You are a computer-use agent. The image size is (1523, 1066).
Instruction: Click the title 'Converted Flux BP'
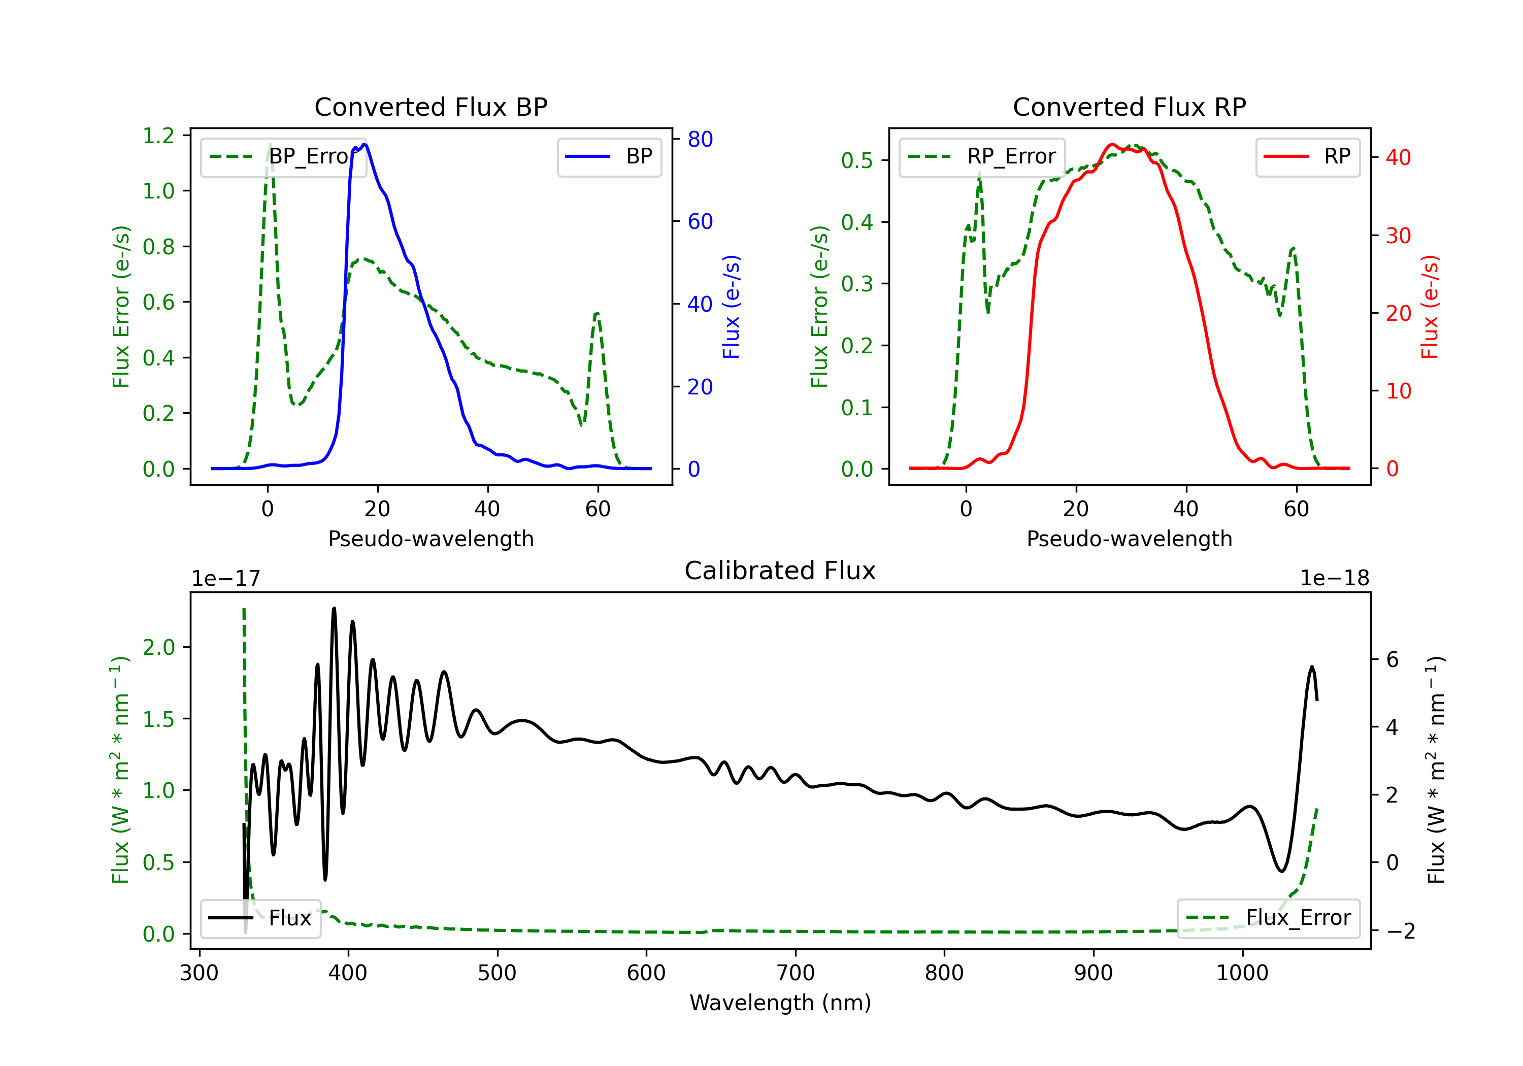(x=431, y=107)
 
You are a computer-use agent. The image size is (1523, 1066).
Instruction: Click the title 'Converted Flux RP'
(x=1130, y=107)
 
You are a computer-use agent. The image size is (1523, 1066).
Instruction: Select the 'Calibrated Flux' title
(x=780, y=571)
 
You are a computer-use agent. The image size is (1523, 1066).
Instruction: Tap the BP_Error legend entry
(x=283, y=156)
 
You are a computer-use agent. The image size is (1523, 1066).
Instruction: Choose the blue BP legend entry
(x=609, y=156)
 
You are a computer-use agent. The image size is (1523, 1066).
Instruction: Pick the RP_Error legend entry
(x=982, y=156)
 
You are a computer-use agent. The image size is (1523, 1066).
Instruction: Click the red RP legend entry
(x=1307, y=156)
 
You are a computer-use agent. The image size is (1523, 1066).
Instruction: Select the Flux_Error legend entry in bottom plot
(x=1268, y=918)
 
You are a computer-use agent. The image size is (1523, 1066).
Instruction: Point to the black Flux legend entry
(x=260, y=918)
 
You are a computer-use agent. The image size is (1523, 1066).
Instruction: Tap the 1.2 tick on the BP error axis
(x=158, y=136)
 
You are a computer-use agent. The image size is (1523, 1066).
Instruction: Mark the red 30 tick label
(x=1398, y=236)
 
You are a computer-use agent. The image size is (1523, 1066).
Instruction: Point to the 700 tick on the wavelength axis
(x=796, y=973)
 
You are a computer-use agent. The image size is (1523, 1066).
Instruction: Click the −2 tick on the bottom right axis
(x=1400, y=931)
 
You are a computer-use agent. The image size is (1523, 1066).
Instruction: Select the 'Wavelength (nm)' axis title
(x=780, y=1003)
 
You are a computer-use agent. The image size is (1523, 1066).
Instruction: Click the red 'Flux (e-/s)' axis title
(x=1430, y=307)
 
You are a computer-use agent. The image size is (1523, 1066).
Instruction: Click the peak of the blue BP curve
(x=365, y=145)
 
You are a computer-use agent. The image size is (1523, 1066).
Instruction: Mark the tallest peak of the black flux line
(x=334, y=608)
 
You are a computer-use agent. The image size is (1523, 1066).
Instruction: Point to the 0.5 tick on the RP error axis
(x=857, y=160)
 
